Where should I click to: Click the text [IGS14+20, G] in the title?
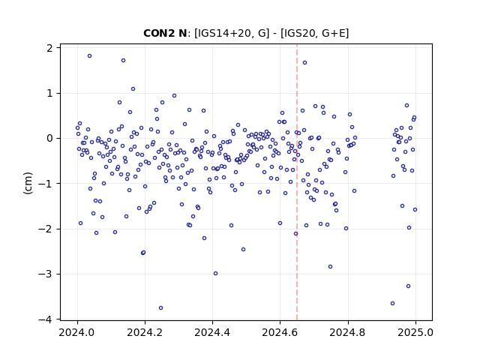point(232,33)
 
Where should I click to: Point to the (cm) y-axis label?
point(28,183)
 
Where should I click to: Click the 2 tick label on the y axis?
point(49,48)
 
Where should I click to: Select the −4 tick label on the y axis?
point(45,319)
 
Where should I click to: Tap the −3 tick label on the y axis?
point(45,274)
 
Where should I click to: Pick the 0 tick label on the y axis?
point(49,138)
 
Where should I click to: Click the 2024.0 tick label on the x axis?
point(77,332)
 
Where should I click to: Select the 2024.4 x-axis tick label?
point(212,332)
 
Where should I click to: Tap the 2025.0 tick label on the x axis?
point(415,332)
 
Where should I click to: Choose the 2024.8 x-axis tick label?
point(348,332)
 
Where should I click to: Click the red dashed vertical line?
point(297,182)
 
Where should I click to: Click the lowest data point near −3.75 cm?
point(160,308)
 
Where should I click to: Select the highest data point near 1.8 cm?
point(89,56)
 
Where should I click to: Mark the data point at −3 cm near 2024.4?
point(215,273)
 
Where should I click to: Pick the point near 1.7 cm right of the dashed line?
point(305,63)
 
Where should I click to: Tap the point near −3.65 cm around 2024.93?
point(392,303)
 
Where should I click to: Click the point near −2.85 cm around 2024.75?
point(330,267)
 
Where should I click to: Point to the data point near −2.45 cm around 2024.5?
point(243,250)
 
